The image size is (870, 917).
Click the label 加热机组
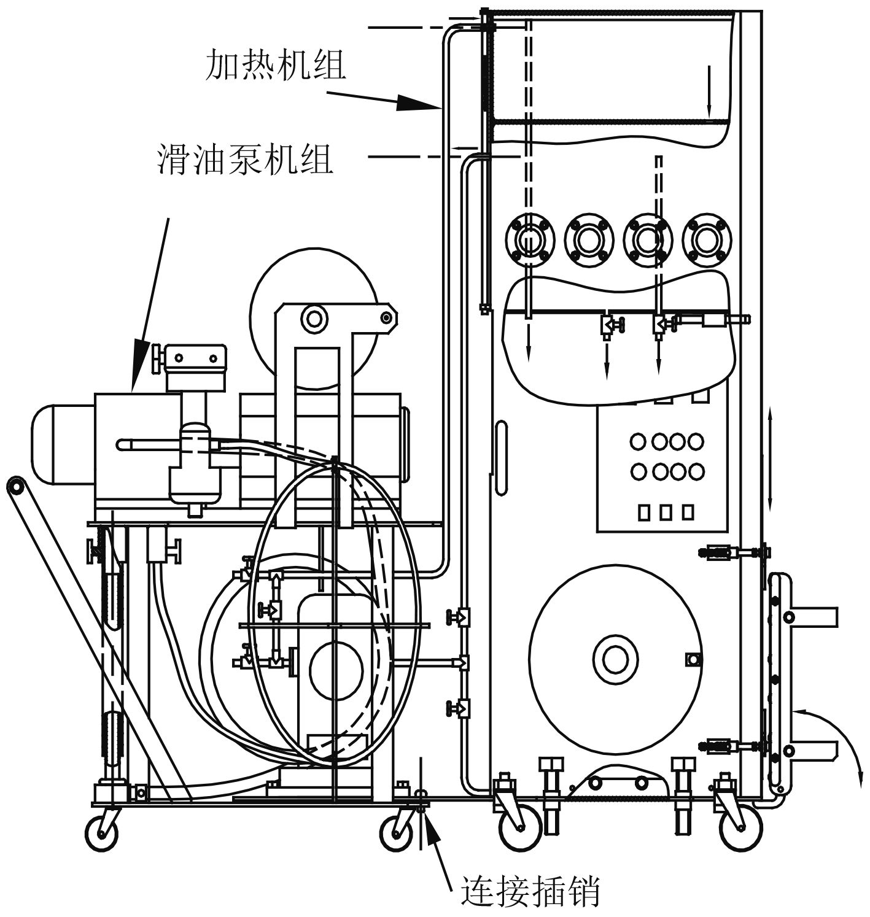pyautogui.click(x=275, y=64)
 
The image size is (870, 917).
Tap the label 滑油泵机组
pyautogui.click(x=246, y=158)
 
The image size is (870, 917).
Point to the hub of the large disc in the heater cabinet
pyautogui.click(x=615, y=660)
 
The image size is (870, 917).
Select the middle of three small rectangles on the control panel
pyautogui.click(x=666, y=511)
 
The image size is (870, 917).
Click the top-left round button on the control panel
pyautogui.click(x=639, y=441)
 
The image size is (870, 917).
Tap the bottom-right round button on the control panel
pyautogui.click(x=696, y=471)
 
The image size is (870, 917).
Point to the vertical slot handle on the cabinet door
pyautogui.click(x=502, y=457)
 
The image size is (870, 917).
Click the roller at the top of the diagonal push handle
pyautogui.click(x=14, y=486)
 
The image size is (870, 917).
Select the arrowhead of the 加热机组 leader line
pyautogui.click(x=408, y=102)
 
